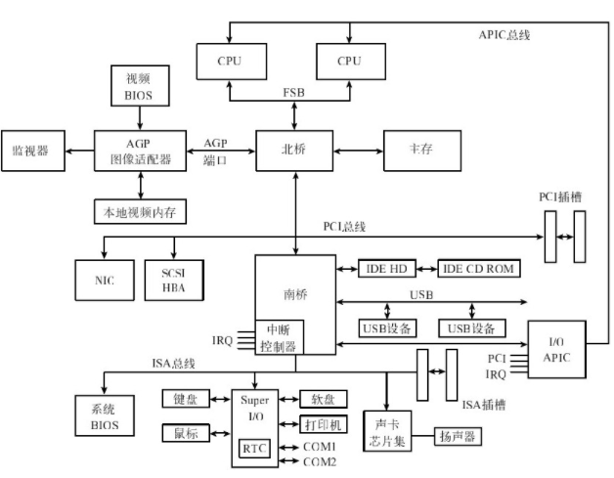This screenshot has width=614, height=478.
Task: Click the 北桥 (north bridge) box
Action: [293, 151]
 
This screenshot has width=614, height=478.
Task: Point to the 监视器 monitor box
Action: [30, 151]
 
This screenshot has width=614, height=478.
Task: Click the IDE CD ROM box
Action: [476, 268]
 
